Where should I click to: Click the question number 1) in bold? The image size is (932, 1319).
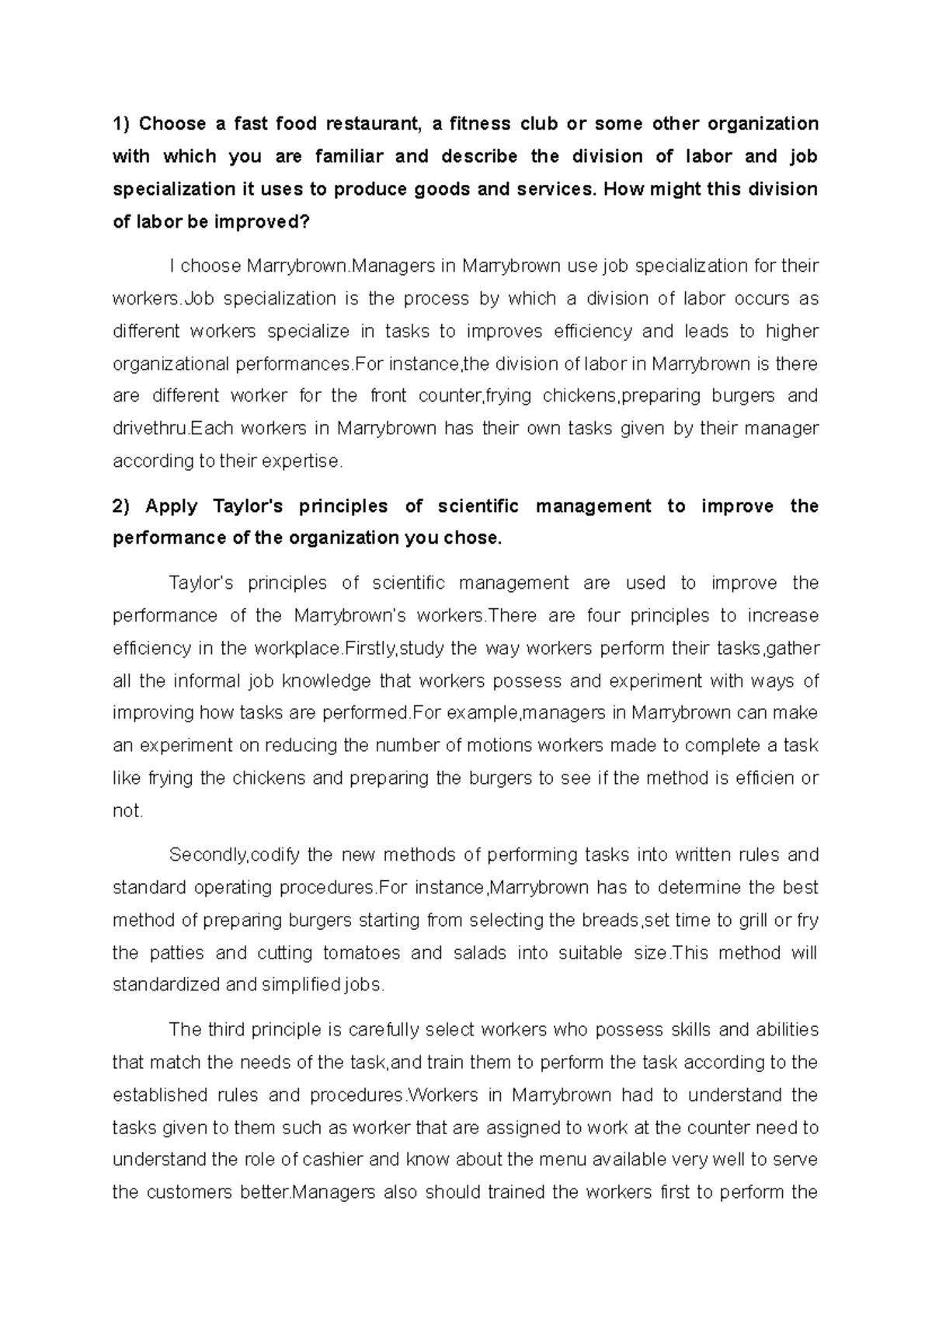pyautogui.click(x=123, y=124)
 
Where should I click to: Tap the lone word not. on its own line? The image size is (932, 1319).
pyautogui.click(x=128, y=811)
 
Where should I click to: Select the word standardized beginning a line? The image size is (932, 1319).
pyautogui.click(x=165, y=985)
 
